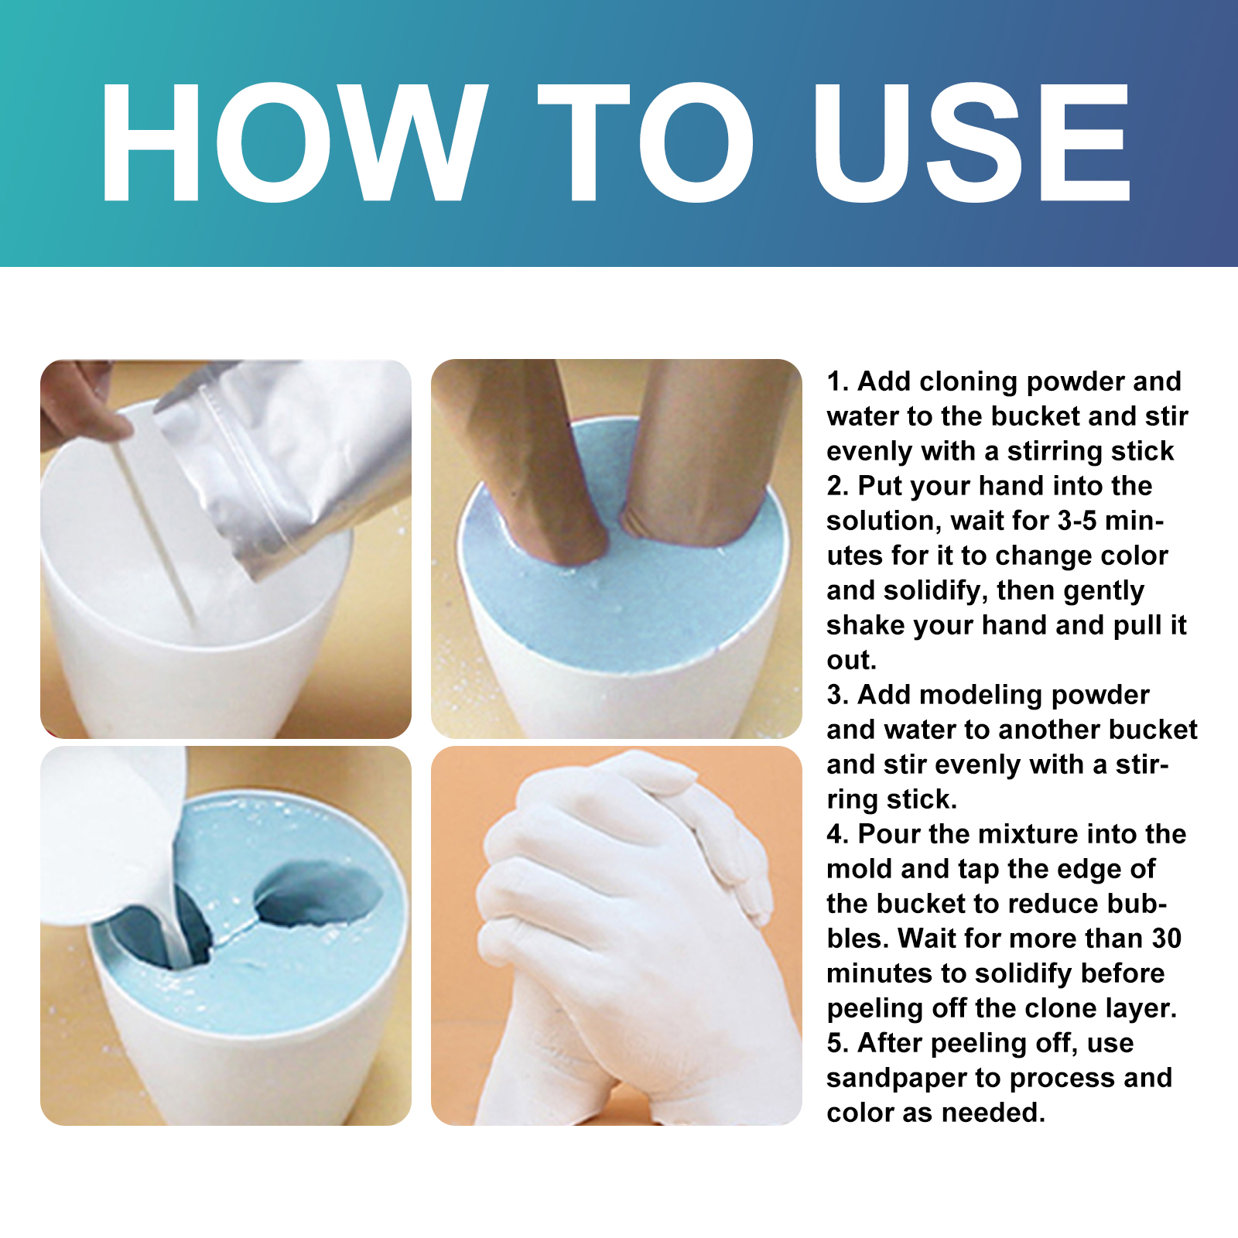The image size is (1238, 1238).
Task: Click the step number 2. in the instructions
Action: (839, 486)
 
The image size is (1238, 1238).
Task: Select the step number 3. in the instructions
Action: (839, 695)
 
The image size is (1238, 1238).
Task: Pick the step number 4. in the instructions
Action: (839, 834)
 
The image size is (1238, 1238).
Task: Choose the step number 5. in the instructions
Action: (839, 1043)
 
